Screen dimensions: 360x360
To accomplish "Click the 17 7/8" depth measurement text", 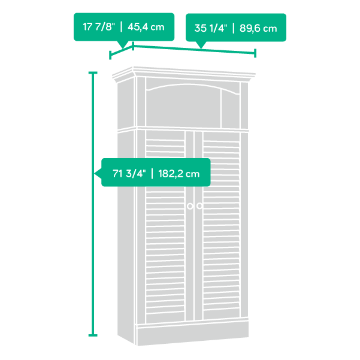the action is coord(99,26).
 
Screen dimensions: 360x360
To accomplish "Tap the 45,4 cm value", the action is coord(146,27).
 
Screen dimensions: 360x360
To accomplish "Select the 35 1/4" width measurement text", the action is coord(210,28).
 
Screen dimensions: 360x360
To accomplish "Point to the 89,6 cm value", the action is coord(258,28).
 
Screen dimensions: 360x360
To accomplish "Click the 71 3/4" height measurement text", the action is coord(129,174).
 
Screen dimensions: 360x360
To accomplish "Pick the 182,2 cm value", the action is coord(179,174).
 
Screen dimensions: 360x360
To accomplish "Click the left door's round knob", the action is coord(190,206).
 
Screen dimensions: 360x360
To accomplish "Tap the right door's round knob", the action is coord(199,206).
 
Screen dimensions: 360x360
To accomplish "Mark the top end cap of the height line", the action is coord(93,73).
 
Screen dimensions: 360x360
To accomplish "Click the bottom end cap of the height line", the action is coord(93,335).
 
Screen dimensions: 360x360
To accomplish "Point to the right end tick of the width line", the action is coord(255,53).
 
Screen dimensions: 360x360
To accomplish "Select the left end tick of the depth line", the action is coord(110,55).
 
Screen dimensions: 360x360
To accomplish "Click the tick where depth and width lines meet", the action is coord(133,46).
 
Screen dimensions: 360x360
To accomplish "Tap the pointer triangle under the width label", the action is coord(201,45).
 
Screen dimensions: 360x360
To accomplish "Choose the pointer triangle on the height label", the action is coord(98,173).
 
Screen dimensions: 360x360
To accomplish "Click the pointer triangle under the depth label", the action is coord(123,44).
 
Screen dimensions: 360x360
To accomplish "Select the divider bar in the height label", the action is coord(152,174).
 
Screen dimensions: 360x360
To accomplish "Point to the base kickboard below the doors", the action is coord(193,333).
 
